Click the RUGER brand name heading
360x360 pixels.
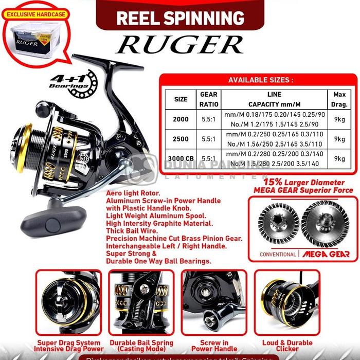coord(180,44)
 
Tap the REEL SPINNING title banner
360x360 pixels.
coord(180,18)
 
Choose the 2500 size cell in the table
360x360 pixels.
coord(181,139)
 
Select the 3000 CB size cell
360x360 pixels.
coord(181,158)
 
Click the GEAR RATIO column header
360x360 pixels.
coord(208,98)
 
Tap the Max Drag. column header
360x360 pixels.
coord(339,98)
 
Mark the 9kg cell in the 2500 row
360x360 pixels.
coord(339,139)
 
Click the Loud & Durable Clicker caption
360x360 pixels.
coord(287,346)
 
